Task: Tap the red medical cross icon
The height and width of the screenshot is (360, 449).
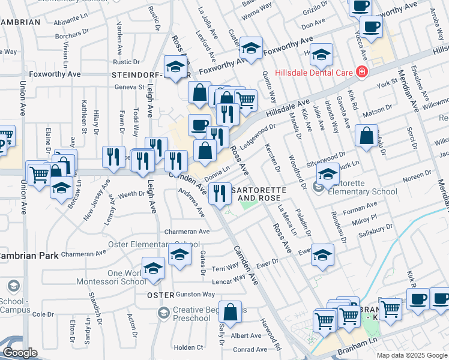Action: point(361,73)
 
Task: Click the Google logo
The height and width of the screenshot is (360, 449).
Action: point(20,353)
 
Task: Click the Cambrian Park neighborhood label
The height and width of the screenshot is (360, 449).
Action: point(29,255)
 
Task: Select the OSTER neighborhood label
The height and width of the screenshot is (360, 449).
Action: point(160,295)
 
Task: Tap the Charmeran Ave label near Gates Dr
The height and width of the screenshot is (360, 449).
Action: point(186,231)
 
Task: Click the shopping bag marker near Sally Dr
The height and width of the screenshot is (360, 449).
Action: point(230,312)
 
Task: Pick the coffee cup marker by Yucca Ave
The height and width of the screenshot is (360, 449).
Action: point(370,27)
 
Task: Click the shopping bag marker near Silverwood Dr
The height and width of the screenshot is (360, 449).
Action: point(366,136)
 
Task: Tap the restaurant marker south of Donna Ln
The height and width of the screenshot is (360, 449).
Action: point(220,193)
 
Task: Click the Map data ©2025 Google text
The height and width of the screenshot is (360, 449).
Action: point(411,355)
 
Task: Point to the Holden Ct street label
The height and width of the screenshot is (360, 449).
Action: point(188,347)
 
